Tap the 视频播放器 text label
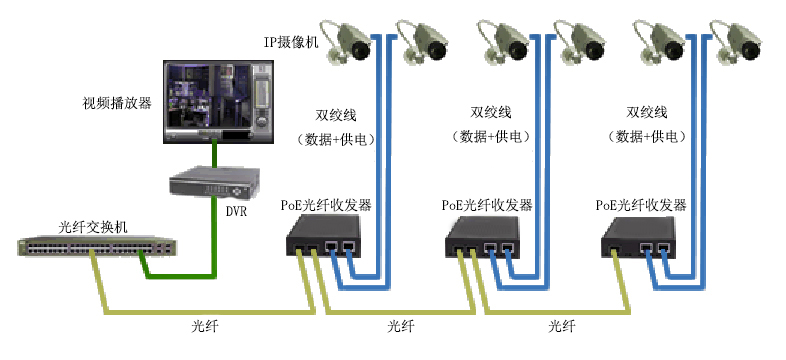116,103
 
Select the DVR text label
236,211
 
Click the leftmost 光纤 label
204,327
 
